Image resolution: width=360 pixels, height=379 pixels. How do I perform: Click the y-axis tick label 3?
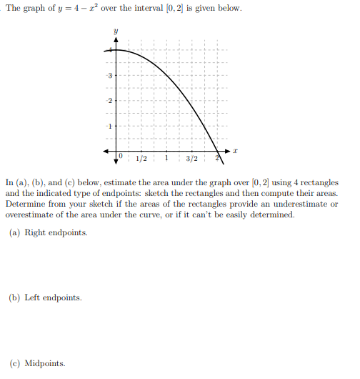(109, 75)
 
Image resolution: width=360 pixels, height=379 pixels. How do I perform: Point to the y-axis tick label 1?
(109, 126)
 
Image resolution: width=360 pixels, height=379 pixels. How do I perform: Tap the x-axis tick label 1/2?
(141, 158)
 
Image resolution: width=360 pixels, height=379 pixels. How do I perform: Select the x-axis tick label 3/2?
(192, 158)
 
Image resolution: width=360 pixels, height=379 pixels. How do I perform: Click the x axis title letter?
(234, 152)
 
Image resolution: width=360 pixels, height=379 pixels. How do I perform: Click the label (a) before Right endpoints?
(15, 232)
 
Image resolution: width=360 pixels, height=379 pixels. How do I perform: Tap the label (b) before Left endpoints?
(15, 297)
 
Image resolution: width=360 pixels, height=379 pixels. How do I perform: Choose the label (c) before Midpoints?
(15, 363)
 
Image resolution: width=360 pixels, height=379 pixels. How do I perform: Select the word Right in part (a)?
(36, 232)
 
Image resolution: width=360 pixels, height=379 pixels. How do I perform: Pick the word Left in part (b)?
(34, 297)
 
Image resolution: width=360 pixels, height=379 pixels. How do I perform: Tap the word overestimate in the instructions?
(30, 215)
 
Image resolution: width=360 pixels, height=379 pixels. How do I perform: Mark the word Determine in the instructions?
(26, 204)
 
